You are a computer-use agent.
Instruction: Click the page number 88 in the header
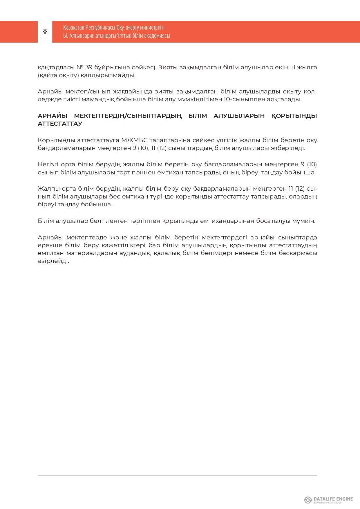[x=45, y=32]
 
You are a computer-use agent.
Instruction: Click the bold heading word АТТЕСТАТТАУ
[x=60, y=124]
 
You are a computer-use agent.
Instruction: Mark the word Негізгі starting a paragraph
[x=48, y=165]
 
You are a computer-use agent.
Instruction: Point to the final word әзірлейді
[x=53, y=261]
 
